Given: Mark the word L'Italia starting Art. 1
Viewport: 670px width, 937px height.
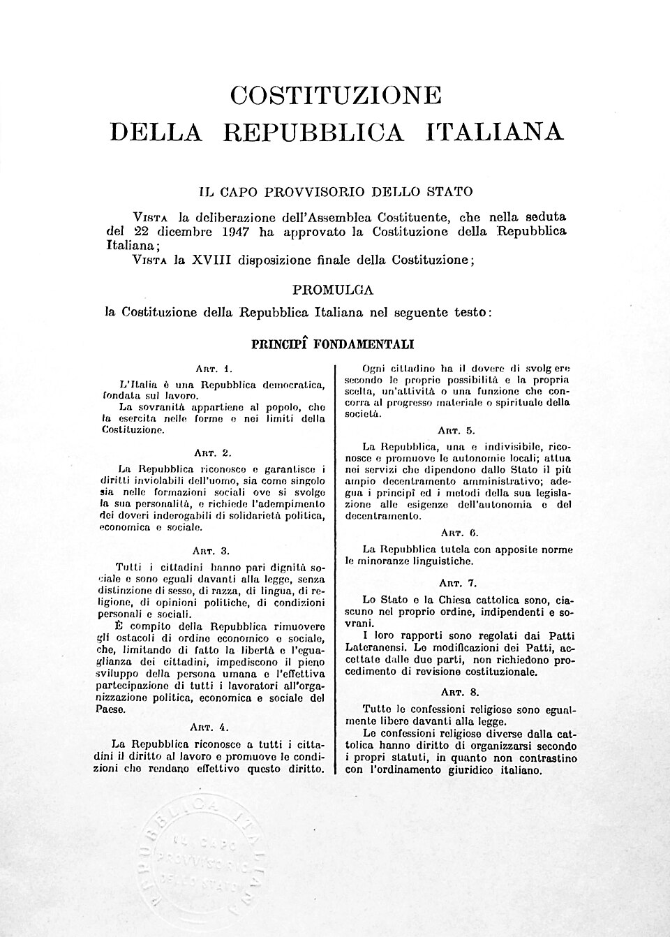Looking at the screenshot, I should pos(136,384).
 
